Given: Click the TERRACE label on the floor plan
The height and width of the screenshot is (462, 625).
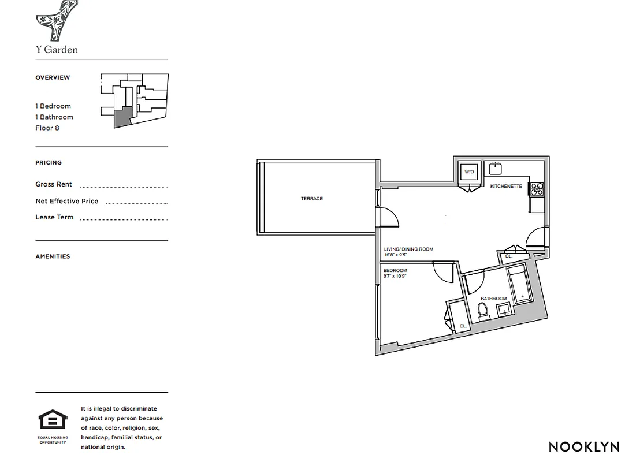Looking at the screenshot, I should click(x=312, y=199).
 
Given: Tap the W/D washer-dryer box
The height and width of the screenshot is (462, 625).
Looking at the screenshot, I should click(x=469, y=172).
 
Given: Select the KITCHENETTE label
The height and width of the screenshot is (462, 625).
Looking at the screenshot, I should click(x=506, y=186).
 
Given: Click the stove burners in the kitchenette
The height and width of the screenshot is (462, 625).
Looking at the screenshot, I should click(x=537, y=188).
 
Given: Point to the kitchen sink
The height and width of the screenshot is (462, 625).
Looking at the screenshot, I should click(x=496, y=169).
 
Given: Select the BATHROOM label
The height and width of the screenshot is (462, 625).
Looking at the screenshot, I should click(x=493, y=299).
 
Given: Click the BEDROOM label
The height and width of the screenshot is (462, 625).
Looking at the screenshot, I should click(x=395, y=270).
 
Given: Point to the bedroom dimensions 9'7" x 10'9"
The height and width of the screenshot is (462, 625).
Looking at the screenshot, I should click(x=396, y=276).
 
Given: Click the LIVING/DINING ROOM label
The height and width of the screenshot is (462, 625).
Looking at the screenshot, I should click(x=408, y=249).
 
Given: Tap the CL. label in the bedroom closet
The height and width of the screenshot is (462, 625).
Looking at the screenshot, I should click(x=463, y=326).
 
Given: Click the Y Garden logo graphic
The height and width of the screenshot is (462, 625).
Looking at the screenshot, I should click(x=57, y=20).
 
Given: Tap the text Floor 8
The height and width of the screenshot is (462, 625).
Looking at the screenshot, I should click(x=47, y=128).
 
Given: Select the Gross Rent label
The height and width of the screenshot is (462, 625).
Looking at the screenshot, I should click(x=54, y=184).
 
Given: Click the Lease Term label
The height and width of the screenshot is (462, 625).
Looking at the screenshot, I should click(x=54, y=217).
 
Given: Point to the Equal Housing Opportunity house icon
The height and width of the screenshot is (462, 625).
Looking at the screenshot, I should click(x=53, y=419).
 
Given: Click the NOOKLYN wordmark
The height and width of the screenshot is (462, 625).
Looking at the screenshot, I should click(x=583, y=446).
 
